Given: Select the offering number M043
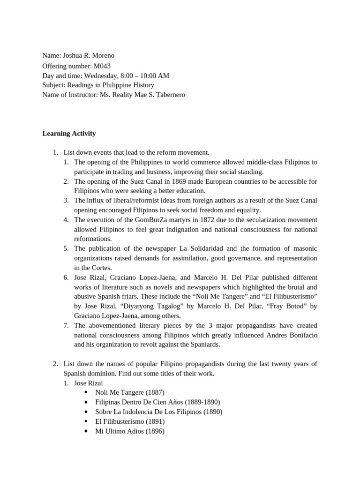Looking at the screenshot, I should pyautogui.click(x=102, y=66).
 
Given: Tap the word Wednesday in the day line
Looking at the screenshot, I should pyautogui.click(x=103, y=75).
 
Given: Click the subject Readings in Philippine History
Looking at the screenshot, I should pyautogui.click(x=110, y=85).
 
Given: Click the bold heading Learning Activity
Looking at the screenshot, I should pyautogui.click(x=69, y=134).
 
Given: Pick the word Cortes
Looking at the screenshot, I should pyautogui.click(x=100, y=268).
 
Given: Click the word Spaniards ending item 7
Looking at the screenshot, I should pyautogui.click(x=203, y=345).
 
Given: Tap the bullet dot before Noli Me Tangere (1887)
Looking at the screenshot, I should pyautogui.click(x=86, y=392).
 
